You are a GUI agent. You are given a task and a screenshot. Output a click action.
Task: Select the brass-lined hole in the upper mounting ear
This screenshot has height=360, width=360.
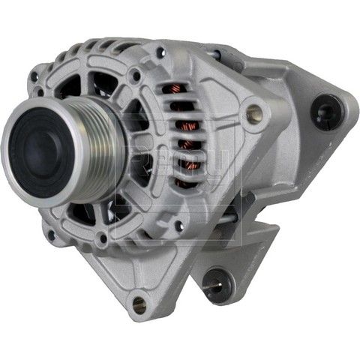254,114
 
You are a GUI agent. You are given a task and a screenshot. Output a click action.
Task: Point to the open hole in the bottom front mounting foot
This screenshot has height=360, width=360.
139,304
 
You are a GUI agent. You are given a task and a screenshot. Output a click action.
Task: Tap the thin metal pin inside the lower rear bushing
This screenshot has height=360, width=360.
213,284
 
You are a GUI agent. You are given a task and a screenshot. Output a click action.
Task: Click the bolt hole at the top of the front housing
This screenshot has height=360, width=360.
160,53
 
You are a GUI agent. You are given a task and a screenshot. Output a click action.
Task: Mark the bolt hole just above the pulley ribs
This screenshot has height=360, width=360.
135,76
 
